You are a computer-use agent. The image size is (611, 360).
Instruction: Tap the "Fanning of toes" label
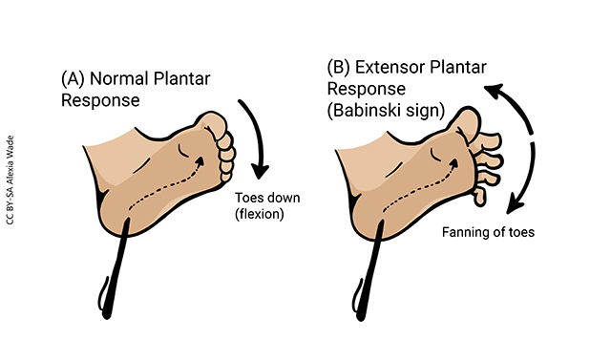point(487,232)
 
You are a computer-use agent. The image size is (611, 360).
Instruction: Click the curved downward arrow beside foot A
point(251,134)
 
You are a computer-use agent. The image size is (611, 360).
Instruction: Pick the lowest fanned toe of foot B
point(481,195)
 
